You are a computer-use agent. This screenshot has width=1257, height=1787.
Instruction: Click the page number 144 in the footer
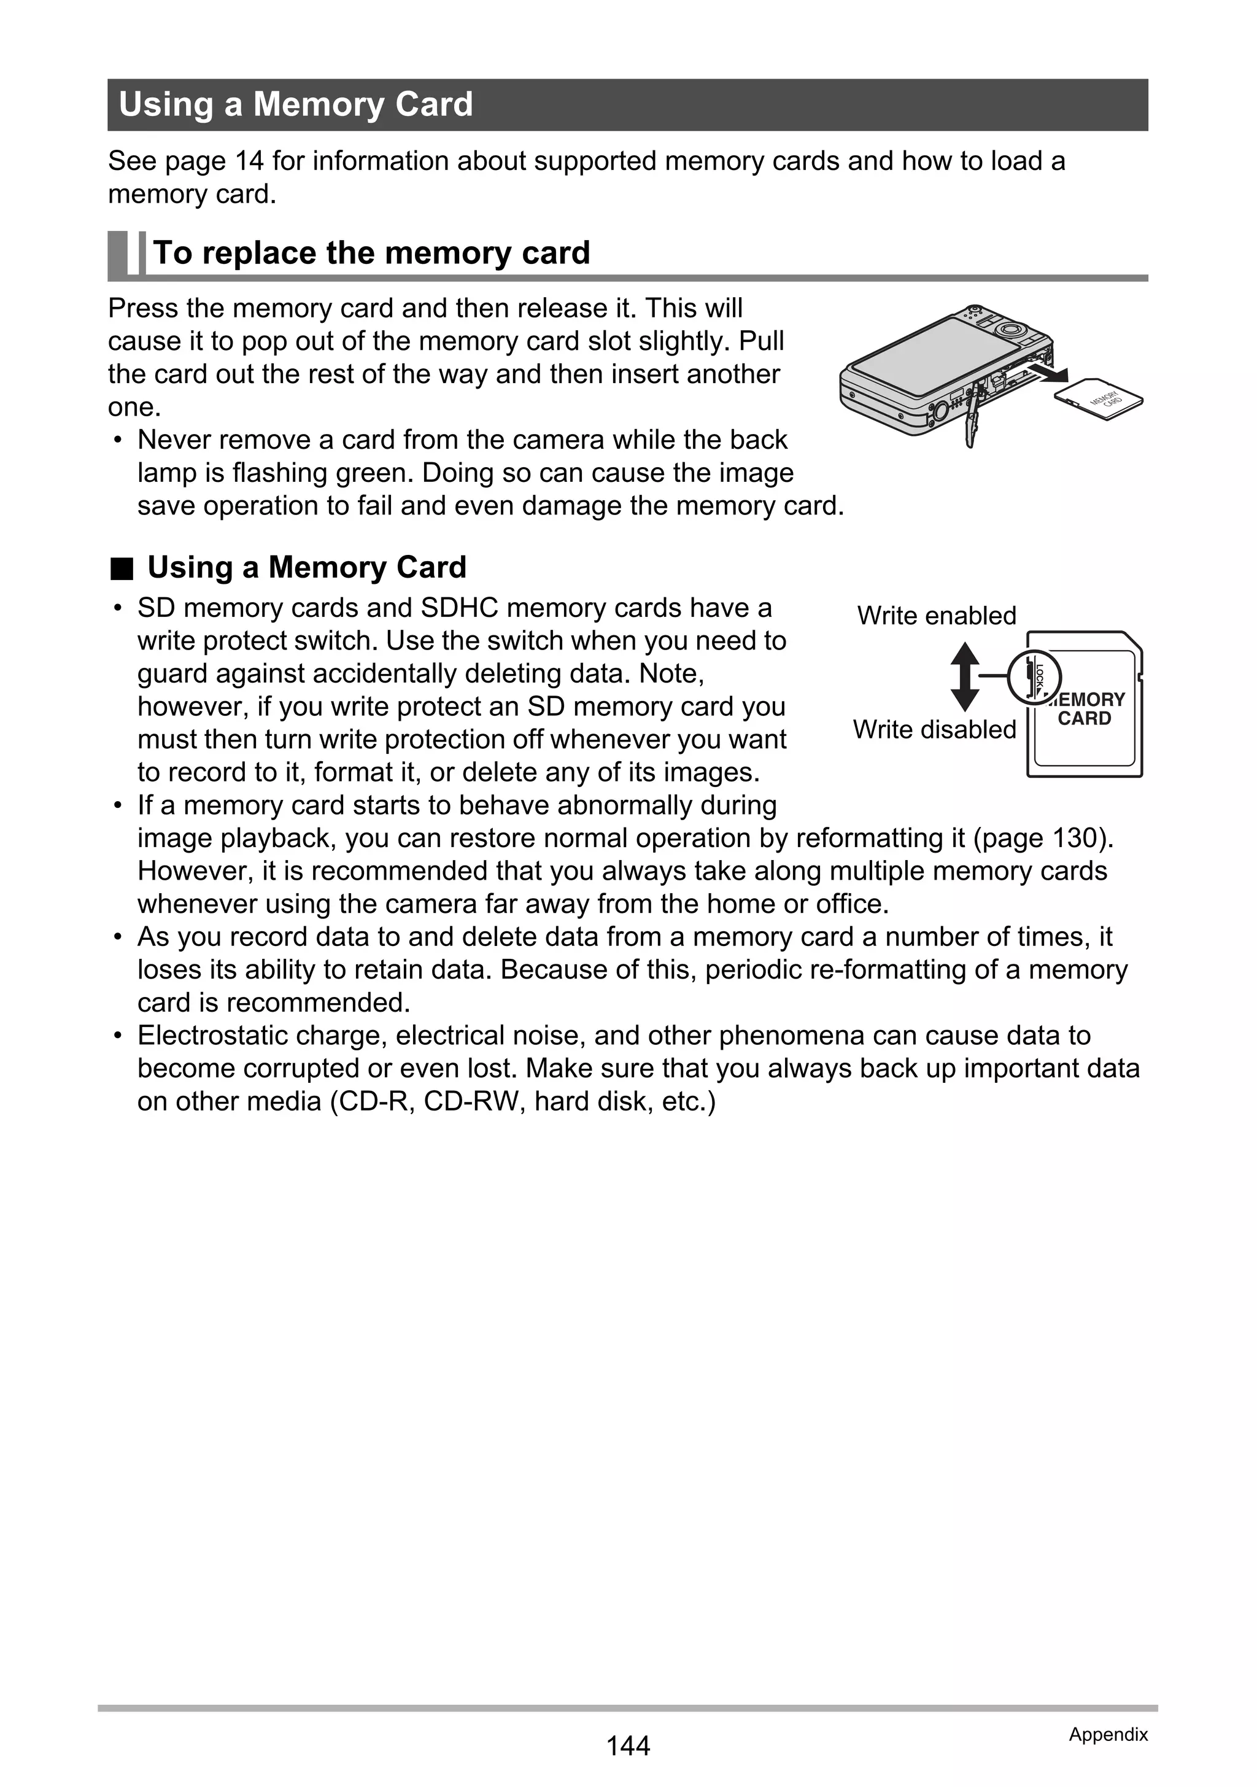point(627,1746)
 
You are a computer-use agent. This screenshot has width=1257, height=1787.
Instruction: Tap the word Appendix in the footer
point(1108,1734)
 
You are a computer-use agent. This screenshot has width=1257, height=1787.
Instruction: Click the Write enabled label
point(937,616)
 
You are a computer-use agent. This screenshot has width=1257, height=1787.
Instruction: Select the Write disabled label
point(934,729)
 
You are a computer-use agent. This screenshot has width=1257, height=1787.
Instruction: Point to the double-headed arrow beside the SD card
point(964,676)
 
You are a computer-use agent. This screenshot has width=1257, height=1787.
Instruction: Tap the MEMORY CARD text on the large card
point(1086,709)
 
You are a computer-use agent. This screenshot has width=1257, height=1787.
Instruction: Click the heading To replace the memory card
point(371,253)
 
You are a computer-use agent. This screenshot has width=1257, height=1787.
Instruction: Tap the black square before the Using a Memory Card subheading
point(122,569)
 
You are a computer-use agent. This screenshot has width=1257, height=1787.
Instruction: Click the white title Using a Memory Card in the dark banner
point(296,104)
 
